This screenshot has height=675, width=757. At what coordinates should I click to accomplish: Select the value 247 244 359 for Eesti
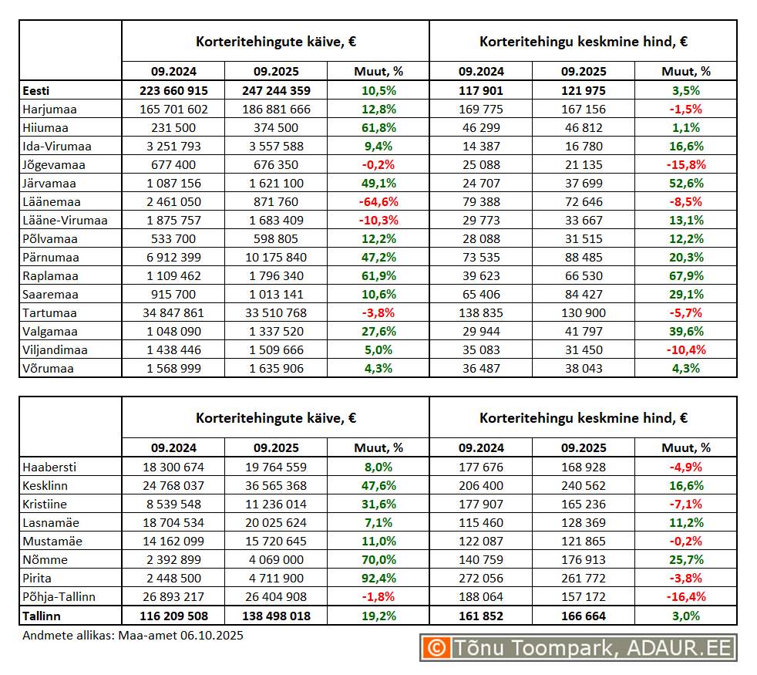coord(276,91)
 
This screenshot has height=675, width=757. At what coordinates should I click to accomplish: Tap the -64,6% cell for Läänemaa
coord(378,202)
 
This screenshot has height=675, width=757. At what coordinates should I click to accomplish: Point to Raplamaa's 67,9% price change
coord(685,276)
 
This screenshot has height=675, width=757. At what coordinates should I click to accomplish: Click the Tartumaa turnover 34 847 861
coord(173,313)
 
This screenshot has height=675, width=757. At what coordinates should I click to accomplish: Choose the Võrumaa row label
coord(48,369)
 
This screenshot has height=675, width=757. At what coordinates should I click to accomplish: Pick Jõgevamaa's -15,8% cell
coord(685,165)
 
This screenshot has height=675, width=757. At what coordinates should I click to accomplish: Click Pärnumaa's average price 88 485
coord(583,258)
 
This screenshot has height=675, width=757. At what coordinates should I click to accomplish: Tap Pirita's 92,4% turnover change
coord(378,579)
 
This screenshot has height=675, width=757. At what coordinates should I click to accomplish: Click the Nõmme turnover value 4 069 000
coord(276,560)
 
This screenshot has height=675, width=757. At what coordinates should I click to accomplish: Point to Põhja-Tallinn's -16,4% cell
coord(685,597)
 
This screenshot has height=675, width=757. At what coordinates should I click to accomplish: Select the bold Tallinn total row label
coord(42,616)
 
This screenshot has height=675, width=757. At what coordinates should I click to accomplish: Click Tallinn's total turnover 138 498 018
coord(276,616)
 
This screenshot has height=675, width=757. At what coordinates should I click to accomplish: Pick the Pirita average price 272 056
coord(481,579)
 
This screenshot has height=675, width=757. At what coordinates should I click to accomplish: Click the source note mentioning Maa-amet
coord(133,635)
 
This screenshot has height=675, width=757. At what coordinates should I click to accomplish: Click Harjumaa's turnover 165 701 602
coord(173,110)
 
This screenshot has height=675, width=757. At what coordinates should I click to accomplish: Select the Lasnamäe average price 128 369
coord(583,523)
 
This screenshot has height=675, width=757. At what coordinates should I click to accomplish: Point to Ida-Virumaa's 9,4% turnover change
coord(378,147)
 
